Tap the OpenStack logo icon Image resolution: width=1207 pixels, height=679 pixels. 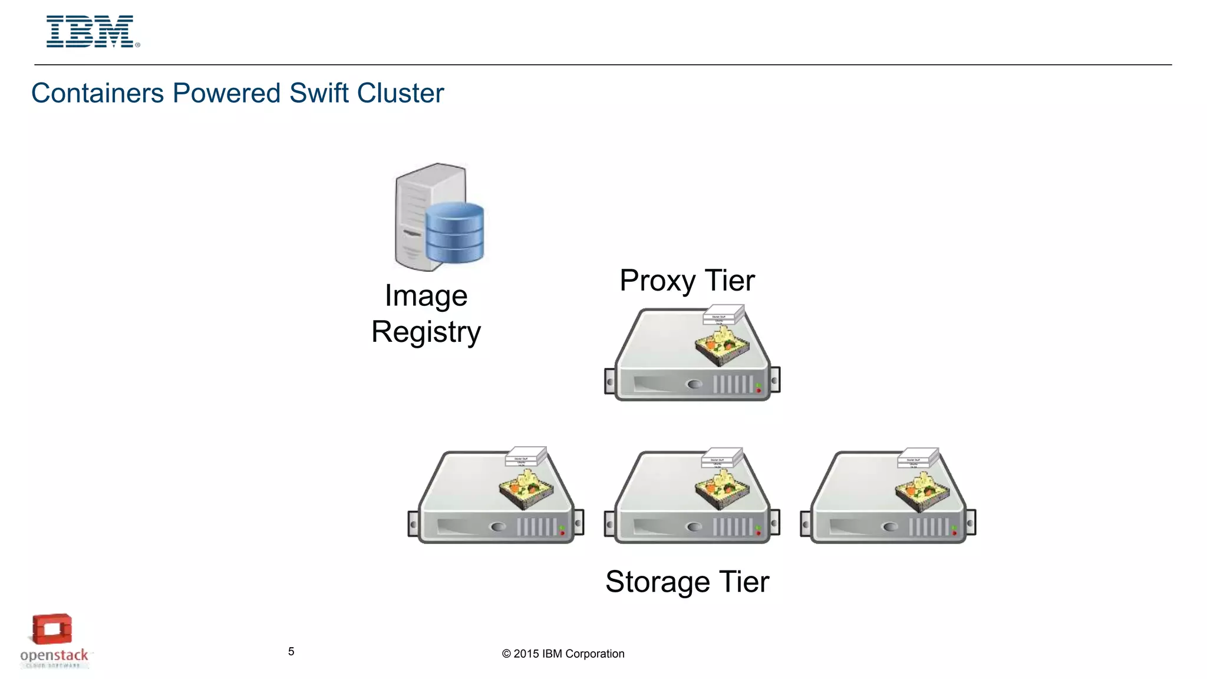click(52, 629)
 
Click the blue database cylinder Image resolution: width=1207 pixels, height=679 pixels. click(454, 232)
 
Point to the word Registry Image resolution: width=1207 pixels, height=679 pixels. click(426, 332)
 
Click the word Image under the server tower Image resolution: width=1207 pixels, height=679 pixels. click(426, 296)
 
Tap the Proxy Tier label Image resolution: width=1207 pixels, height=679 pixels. click(687, 281)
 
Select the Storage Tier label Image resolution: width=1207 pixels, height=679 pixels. click(687, 582)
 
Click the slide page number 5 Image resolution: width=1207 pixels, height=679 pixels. click(291, 651)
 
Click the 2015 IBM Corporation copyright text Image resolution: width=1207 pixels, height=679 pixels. click(563, 654)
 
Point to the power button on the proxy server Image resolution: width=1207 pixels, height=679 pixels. click(695, 384)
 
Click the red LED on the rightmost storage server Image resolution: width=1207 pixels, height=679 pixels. click(955, 533)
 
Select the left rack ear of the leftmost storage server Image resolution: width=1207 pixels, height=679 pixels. click(413, 523)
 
